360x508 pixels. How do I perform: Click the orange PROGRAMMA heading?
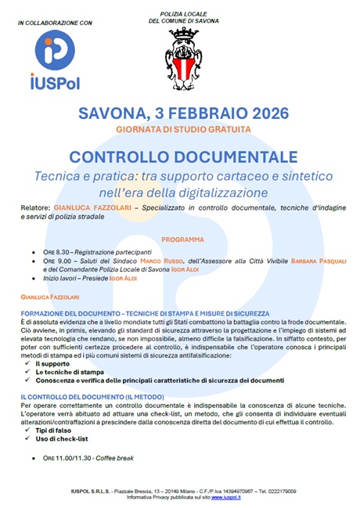pyautogui.click(x=182, y=239)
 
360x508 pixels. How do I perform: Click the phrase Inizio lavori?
pyautogui.click(x=64, y=279)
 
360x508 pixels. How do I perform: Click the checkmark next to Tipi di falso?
pyautogui.click(x=27, y=430)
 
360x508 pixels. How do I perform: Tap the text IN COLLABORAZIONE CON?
pyautogui.click(x=55, y=23)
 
